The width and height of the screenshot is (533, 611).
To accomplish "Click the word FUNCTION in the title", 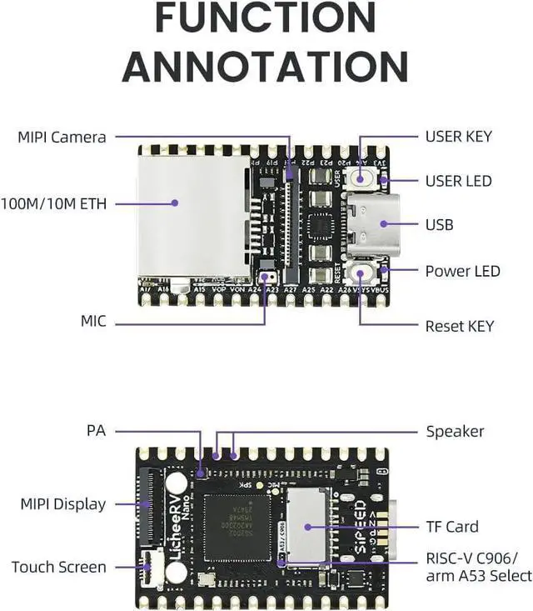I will (x=266, y=18).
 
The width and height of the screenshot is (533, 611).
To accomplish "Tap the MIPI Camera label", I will (x=62, y=137).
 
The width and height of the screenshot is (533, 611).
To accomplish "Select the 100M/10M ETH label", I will (x=54, y=203).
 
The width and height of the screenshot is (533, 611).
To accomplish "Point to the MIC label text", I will (x=93, y=321).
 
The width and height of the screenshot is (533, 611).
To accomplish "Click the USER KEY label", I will (x=458, y=137).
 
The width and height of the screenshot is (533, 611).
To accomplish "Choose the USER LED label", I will (x=458, y=181).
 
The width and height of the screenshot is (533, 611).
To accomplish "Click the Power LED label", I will (x=462, y=271).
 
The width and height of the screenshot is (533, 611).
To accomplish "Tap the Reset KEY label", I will (x=459, y=326).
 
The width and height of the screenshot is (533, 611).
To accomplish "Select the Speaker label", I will (x=455, y=431).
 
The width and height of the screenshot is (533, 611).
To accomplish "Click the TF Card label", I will (x=452, y=526).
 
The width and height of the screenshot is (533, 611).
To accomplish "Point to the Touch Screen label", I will (x=59, y=567).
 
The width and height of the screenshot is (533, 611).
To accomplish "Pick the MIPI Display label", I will (x=63, y=503).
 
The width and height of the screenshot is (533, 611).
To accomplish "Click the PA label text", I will (x=96, y=431).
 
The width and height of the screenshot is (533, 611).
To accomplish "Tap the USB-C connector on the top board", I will (x=372, y=223).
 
